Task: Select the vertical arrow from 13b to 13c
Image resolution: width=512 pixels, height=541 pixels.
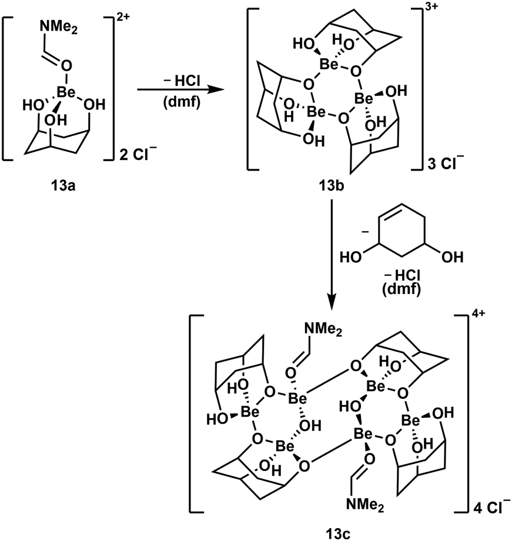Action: tap(333, 253)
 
